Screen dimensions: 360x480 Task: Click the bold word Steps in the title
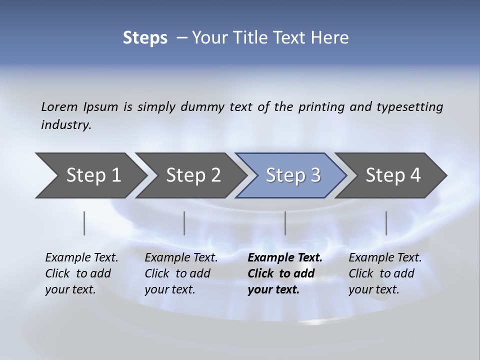click(145, 38)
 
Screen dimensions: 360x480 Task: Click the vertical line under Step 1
click(84, 223)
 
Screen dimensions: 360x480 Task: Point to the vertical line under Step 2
click(184, 223)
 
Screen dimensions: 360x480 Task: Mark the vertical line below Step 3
click(285, 223)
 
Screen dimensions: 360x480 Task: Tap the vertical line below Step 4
click(386, 223)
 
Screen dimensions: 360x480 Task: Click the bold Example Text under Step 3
click(285, 258)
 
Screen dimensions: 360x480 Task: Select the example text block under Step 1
click(81, 273)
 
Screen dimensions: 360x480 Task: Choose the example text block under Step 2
click(181, 273)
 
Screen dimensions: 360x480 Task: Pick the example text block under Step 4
click(385, 273)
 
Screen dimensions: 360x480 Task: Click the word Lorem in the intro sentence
click(59, 106)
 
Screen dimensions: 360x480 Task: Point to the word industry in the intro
click(65, 125)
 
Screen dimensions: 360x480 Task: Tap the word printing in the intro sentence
click(319, 107)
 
